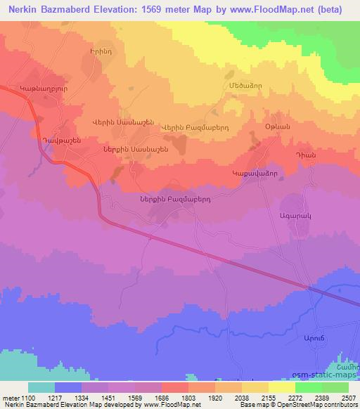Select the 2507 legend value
349,398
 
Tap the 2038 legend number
241,398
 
